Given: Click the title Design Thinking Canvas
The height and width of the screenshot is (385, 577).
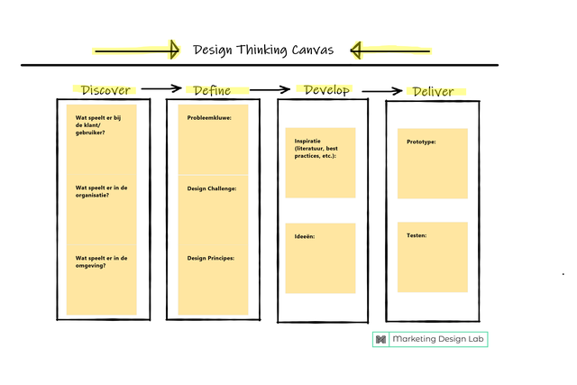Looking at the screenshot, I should click(263, 50).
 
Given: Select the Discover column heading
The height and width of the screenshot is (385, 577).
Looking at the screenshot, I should click(106, 90).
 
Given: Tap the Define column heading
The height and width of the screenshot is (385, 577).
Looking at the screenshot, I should click(212, 90).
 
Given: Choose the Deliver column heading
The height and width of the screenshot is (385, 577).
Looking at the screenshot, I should click(432, 91).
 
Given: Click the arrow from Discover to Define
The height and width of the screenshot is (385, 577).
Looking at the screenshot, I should click(162, 88).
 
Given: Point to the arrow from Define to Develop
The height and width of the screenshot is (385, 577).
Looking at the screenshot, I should click(270, 88).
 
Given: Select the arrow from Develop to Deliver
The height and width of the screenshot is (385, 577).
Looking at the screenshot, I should click(381, 90).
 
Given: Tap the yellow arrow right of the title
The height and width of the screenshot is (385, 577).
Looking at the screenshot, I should click(390, 50).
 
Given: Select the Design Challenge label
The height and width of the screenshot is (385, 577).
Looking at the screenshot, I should click(212, 188).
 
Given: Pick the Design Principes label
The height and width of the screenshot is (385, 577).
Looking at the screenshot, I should click(211, 258).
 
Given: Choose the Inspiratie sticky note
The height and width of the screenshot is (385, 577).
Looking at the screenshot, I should click(320, 162).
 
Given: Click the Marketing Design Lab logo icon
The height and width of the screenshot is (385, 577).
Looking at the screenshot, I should click(381, 339).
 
